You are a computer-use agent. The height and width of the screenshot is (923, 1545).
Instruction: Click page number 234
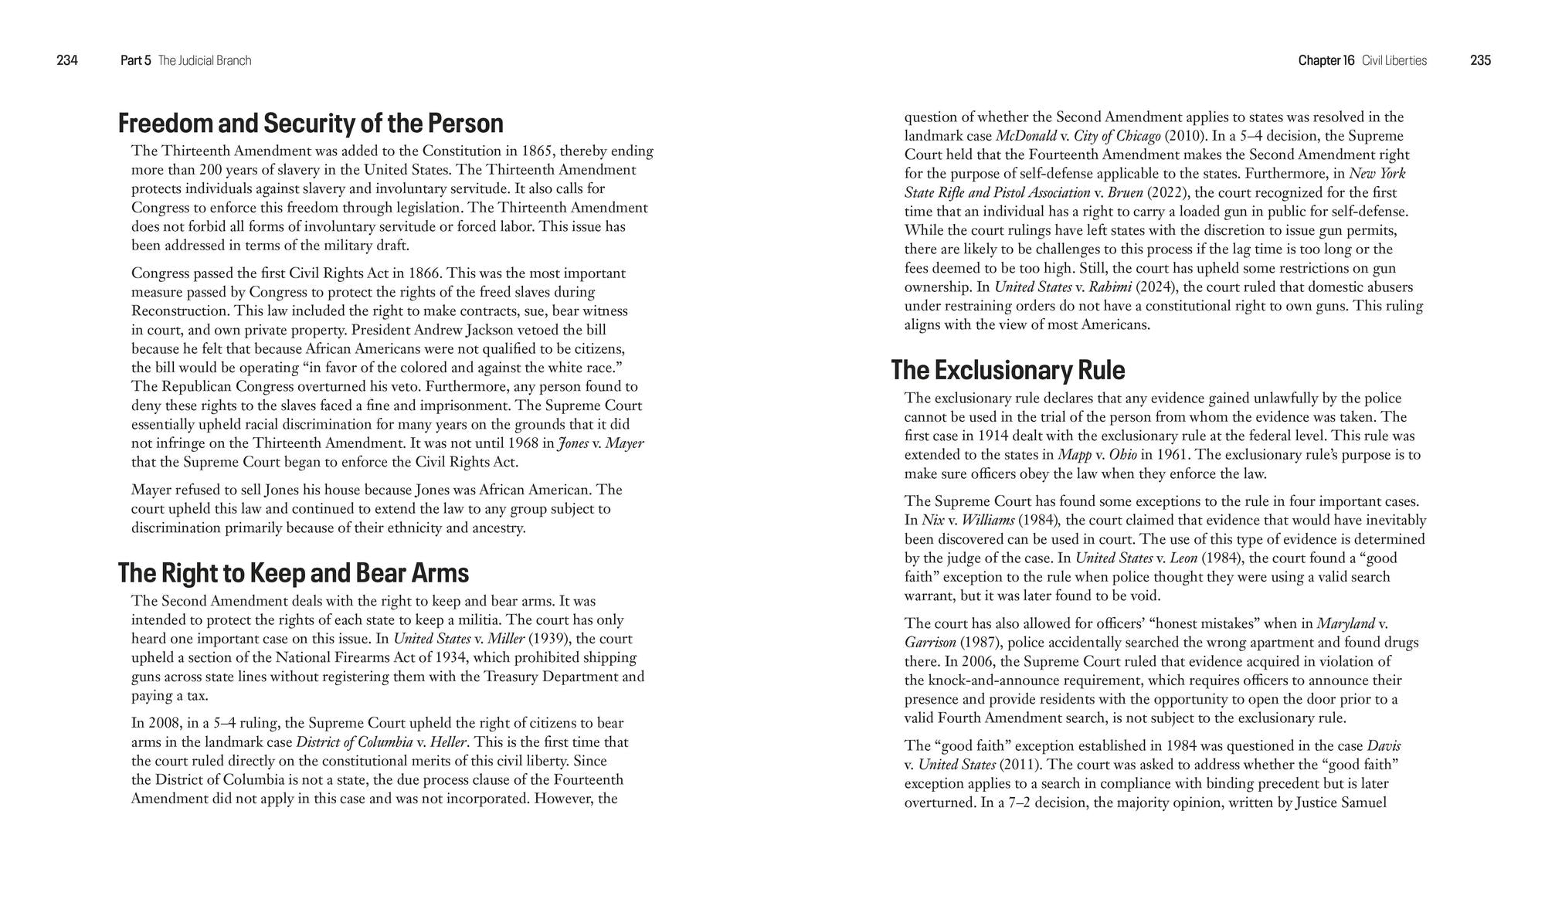pos(67,60)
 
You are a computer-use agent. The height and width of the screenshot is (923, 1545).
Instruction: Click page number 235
pos(1480,60)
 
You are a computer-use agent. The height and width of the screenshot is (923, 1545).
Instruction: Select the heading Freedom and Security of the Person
pos(311,124)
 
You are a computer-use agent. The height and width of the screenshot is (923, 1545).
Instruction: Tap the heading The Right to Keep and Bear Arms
pos(294,573)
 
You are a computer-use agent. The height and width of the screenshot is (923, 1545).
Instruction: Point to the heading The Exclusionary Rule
pos(1007,370)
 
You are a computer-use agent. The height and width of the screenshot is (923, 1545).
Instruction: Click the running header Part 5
pos(136,60)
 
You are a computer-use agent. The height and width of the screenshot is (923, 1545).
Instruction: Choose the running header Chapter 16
pos(1326,60)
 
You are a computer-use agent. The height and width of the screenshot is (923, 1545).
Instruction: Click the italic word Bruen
pos(1125,192)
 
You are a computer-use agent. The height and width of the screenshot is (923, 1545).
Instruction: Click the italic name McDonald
pos(1026,136)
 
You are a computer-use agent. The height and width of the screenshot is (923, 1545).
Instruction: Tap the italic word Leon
pos(1183,558)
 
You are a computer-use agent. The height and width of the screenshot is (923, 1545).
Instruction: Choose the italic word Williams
pos(987,521)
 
